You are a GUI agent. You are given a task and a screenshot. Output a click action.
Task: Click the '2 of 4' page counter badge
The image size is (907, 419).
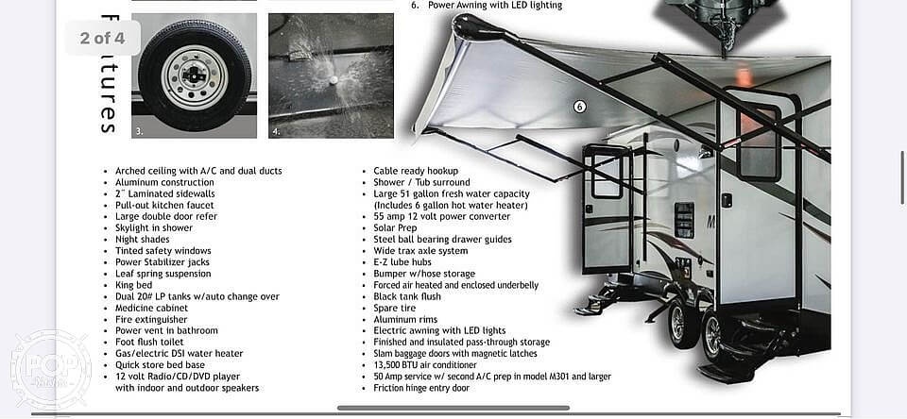pyautogui.click(x=102, y=38)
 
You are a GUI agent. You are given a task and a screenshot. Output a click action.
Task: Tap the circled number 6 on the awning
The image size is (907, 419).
pyautogui.click(x=579, y=107)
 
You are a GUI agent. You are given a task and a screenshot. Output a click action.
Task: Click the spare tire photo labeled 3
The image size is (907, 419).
pyautogui.click(x=195, y=75)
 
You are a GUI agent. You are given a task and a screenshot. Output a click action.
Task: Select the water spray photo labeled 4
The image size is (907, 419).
pyautogui.click(x=331, y=75)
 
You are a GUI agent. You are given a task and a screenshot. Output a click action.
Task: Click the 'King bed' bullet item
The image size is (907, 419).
pyautogui.click(x=133, y=285)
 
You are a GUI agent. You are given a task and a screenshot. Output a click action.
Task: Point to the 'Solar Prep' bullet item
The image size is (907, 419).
pyautogui.click(x=395, y=227)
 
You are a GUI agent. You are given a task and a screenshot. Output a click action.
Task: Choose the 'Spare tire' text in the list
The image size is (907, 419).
pyautogui.click(x=395, y=308)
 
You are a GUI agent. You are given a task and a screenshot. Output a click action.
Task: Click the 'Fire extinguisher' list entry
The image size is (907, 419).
pyautogui.click(x=151, y=319)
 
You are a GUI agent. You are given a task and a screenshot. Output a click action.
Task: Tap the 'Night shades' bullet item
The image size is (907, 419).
pyautogui.click(x=143, y=240)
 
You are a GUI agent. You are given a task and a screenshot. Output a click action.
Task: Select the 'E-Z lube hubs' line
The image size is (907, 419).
pyautogui.click(x=402, y=261)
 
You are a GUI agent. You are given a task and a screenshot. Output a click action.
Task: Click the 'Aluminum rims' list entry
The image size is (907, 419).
pyautogui.click(x=405, y=319)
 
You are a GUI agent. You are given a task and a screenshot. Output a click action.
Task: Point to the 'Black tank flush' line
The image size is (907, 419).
pyautogui.click(x=407, y=296)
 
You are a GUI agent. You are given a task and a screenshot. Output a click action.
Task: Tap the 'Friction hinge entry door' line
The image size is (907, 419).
pyautogui.click(x=421, y=388)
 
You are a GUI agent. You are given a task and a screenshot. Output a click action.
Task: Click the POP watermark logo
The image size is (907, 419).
pyautogui.click(x=50, y=370)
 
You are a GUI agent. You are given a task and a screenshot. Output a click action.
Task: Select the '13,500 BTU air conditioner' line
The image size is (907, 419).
pyautogui.click(x=425, y=365)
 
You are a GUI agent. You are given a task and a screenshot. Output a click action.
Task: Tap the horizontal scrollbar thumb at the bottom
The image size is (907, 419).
pyautogui.click(x=453, y=408)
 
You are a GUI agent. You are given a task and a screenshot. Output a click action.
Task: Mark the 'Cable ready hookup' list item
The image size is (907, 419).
pyautogui.click(x=416, y=171)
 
